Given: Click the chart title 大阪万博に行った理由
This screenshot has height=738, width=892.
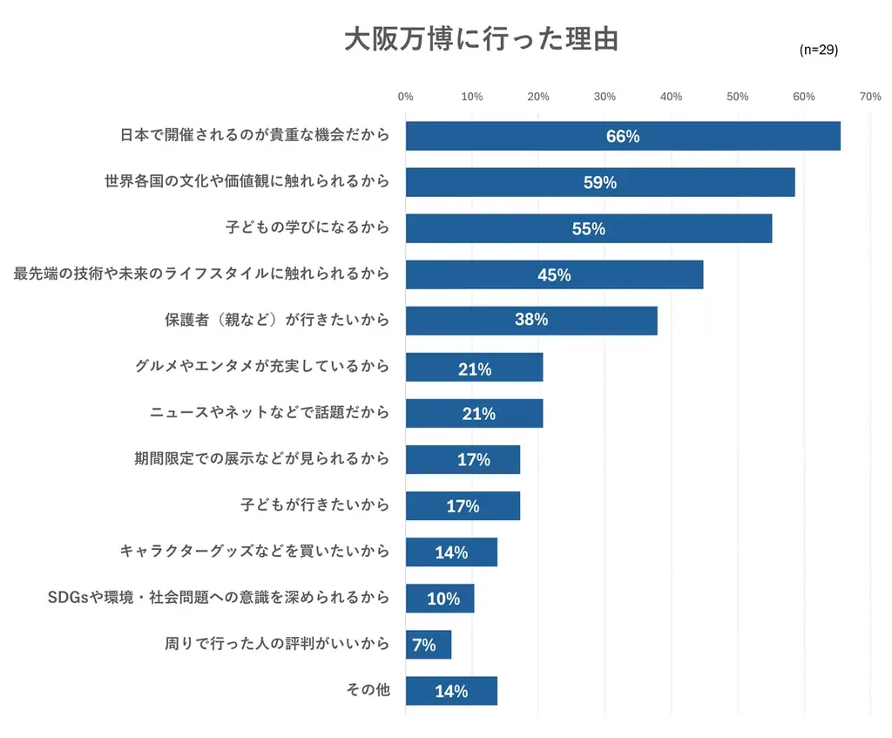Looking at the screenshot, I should point(481,40).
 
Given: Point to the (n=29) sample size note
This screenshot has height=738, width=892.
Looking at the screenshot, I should point(818,51).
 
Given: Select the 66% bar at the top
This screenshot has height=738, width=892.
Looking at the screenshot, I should point(622,136).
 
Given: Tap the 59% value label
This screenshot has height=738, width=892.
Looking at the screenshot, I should point(600,183).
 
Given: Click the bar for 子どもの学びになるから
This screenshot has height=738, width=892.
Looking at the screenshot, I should point(588,228).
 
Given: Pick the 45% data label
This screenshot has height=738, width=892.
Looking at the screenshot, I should point(554,275).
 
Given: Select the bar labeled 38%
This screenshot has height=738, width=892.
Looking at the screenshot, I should point(530,321).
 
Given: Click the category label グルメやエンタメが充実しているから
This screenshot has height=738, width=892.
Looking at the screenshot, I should point(262,366).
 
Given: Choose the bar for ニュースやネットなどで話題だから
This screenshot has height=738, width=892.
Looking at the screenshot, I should point(474,413).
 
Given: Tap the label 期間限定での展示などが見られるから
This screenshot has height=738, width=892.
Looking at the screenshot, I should point(261,458).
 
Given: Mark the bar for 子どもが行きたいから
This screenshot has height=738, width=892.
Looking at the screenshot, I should point(463,505).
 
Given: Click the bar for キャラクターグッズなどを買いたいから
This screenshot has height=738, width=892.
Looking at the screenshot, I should point(451,552).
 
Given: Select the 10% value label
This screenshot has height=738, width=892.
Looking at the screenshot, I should point(443,599).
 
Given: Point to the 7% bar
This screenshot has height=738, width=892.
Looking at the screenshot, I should point(428,645).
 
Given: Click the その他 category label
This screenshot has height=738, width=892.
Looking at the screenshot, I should point(368,690).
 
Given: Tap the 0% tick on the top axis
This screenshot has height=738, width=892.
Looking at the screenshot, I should point(405,97).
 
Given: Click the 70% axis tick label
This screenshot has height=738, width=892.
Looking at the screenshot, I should point(869,97).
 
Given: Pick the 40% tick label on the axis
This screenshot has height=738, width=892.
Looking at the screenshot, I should point(671,97).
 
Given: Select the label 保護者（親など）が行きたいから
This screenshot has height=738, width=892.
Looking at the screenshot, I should point(277,320).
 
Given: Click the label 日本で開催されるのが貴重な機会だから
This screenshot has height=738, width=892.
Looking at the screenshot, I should point(254,135).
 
